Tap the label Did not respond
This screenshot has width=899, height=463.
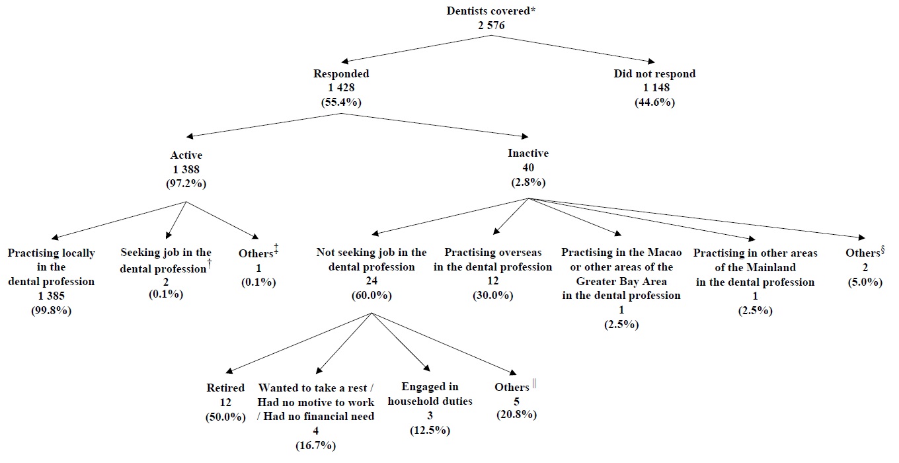[x=654, y=74]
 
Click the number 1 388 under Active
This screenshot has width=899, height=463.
[x=186, y=169]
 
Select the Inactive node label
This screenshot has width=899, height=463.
[x=528, y=153]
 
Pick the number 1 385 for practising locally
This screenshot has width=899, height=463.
[x=52, y=296]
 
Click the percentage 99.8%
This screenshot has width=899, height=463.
[x=52, y=310]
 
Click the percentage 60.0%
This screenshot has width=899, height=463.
[x=371, y=295]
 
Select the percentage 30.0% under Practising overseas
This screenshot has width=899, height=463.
[x=492, y=295]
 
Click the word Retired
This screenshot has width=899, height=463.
[x=225, y=388]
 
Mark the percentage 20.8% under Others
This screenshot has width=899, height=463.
[x=516, y=415]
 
